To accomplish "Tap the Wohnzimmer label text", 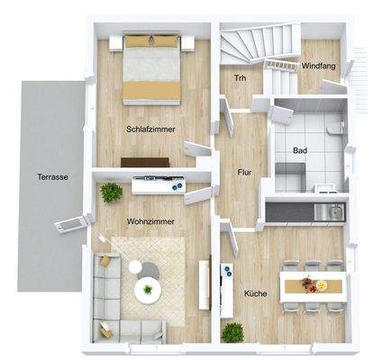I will (x=150, y=221).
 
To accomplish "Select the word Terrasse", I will (x=53, y=177).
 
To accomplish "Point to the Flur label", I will (x=243, y=171).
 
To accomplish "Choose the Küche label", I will (x=256, y=293).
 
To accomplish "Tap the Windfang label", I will (x=319, y=67).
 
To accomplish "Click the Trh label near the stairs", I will (x=240, y=78).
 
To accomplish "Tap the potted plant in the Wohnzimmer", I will (x=112, y=192).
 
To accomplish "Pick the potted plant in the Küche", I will (x=232, y=331).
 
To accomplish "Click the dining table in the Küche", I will (x=314, y=285).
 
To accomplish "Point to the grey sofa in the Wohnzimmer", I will (x=114, y=297).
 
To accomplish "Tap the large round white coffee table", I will (x=146, y=290).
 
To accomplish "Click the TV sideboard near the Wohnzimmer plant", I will (x=158, y=185).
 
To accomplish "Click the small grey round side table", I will (x=135, y=266).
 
